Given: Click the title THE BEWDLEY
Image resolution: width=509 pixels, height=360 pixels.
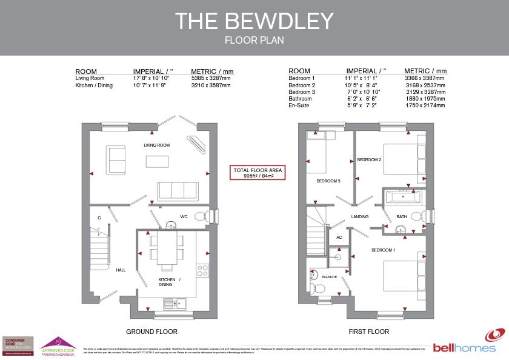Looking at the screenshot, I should coord(254,21).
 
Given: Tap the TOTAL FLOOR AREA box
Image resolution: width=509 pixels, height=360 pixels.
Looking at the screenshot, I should coord(258,173).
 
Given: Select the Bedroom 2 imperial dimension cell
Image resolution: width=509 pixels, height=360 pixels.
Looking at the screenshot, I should coord(365,86).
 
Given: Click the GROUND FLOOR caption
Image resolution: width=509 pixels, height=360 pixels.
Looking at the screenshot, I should coord(151,332).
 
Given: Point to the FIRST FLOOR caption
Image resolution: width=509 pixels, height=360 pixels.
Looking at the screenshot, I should coord(368,332).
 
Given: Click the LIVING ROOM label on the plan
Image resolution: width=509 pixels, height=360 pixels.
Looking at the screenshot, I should coord(156,145).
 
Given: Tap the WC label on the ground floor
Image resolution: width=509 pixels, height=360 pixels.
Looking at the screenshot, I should coord(184,216).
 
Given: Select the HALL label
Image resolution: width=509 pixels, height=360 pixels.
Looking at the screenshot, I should coord(121,270).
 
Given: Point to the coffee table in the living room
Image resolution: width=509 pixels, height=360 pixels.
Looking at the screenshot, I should coord(156,161).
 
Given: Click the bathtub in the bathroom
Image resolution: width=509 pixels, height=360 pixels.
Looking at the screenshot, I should coord(401,196).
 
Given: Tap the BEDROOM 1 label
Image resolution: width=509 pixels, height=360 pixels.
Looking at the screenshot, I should coord(383,250).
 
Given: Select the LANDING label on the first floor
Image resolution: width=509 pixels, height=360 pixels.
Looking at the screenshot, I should coord(360,216).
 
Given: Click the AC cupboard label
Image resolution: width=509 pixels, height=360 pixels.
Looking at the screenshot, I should coord(339,238).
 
